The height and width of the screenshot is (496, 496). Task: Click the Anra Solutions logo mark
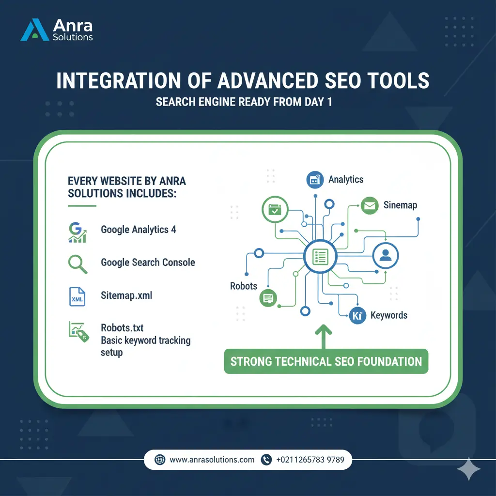point(35,30)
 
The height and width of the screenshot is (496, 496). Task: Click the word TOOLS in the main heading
point(392,81)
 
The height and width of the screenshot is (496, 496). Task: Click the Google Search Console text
point(148,263)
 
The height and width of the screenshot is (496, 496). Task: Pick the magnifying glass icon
point(77,263)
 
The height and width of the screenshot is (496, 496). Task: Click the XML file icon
point(77,296)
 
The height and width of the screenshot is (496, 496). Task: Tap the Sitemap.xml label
point(126,295)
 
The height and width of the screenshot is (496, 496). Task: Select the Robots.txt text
point(122,328)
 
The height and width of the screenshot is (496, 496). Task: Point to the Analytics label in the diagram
point(345,180)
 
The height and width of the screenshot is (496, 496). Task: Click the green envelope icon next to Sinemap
point(370,206)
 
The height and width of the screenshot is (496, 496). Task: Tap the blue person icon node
point(386,255)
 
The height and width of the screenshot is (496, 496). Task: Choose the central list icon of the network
point(319,255)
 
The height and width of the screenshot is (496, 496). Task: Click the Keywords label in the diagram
point(388,315)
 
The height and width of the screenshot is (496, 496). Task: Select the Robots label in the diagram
point(244,286)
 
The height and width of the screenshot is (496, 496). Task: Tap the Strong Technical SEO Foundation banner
point(326,361)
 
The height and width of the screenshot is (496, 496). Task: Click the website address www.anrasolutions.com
point(212,460)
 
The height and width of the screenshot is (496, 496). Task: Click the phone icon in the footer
point(266,460)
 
